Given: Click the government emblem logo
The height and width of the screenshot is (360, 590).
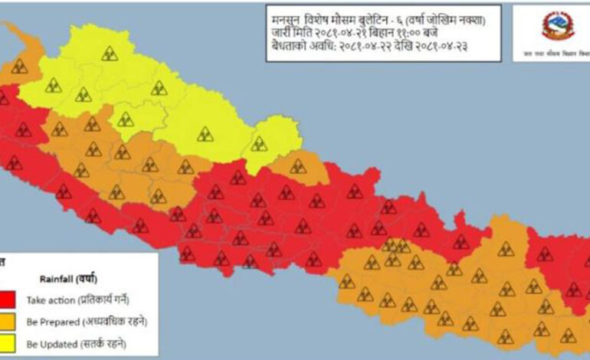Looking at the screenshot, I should point(557,26).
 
